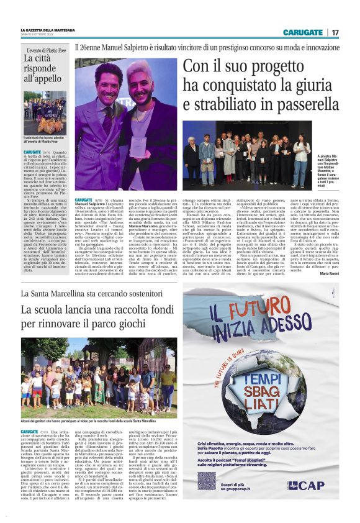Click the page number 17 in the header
click(335, 32)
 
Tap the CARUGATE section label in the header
click(303, 32)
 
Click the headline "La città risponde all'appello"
click(43, 69)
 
